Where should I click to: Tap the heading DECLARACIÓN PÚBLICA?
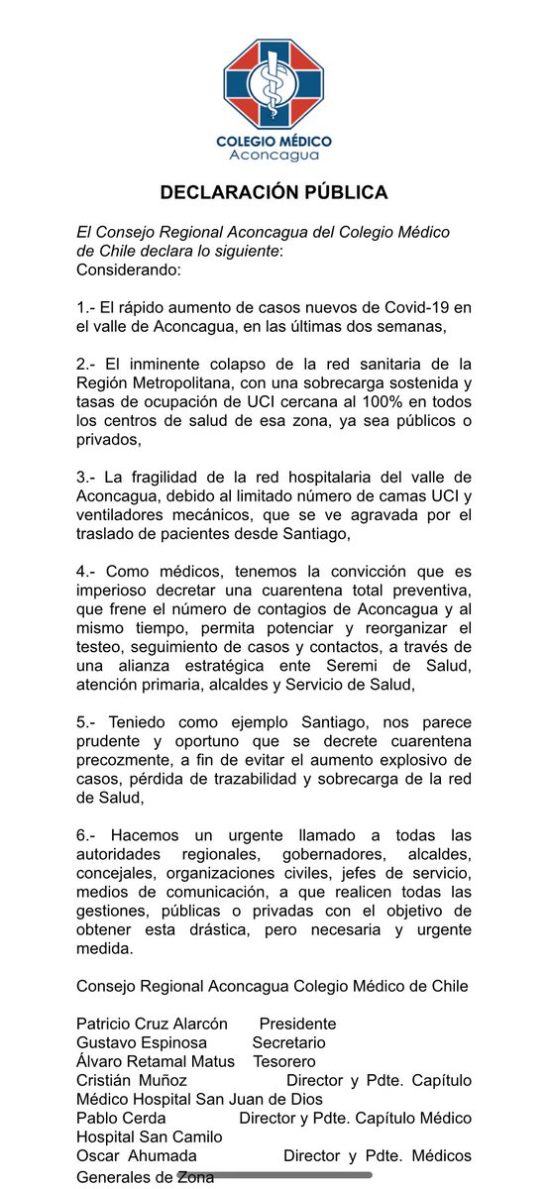(274, 191)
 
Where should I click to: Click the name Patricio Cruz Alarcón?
(152, 1024)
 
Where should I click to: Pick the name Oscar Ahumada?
(137, 1155)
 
